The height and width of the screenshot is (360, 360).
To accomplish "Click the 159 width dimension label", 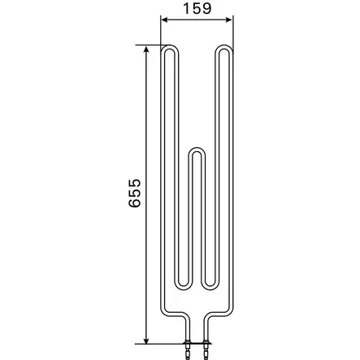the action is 197,8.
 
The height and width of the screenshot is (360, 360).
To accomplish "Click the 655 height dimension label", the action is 135,193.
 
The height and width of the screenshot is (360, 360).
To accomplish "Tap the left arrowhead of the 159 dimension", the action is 164,20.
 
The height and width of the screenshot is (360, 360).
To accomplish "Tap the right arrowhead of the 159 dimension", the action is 229,20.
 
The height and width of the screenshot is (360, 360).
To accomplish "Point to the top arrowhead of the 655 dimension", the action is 146,50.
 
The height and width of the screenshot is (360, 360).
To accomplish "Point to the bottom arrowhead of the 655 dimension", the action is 146,340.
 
